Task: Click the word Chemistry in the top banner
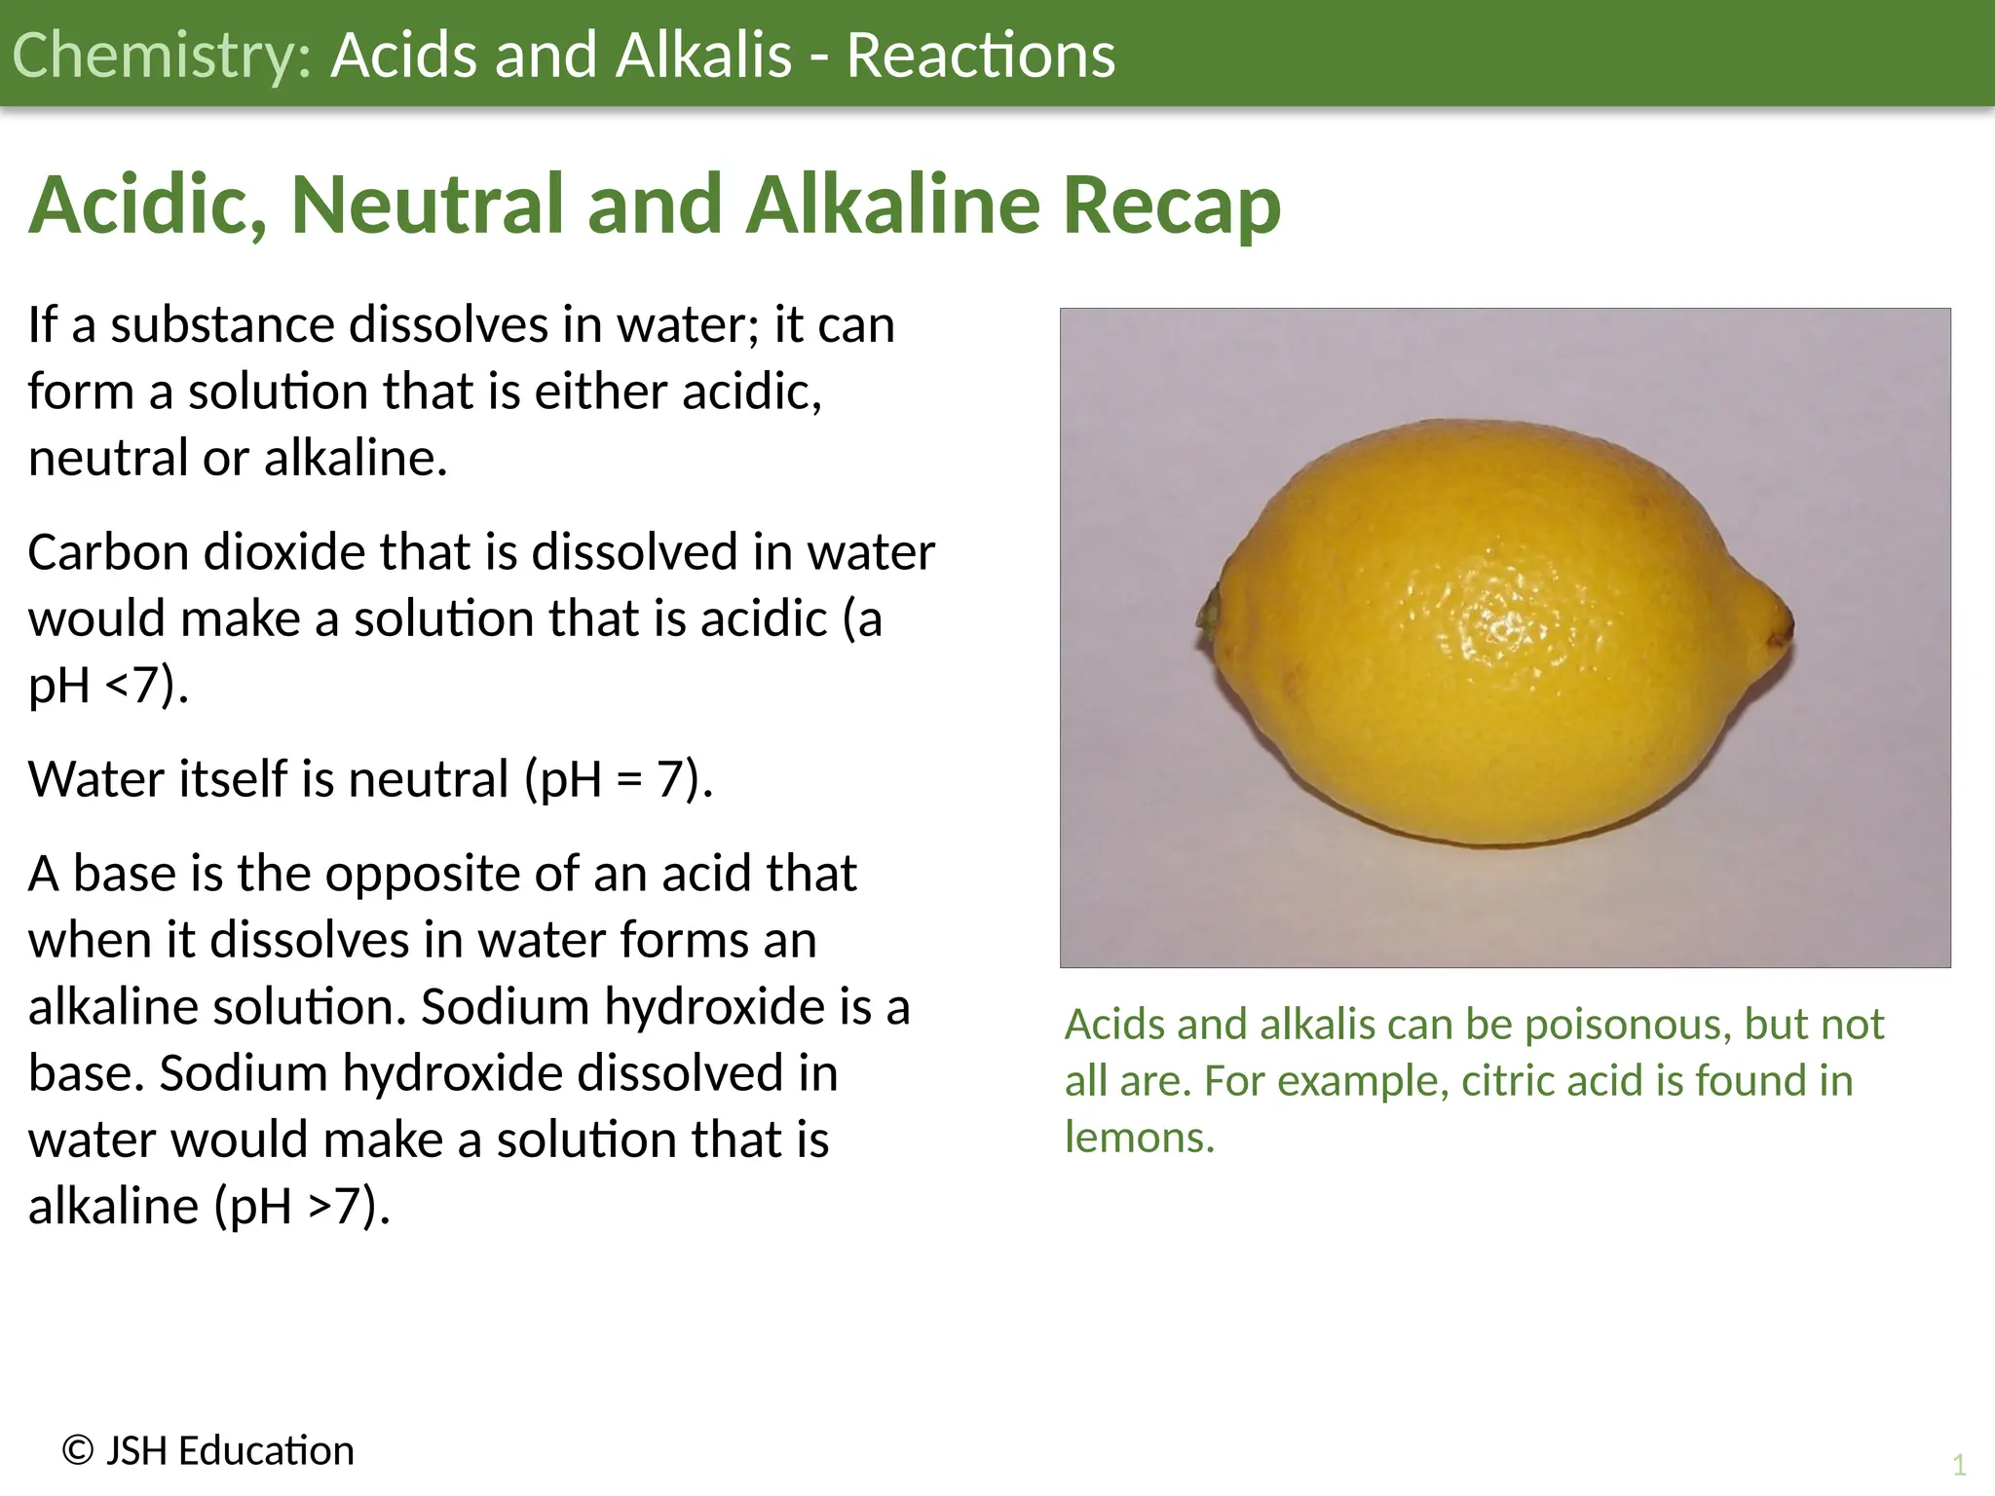[x=161, y=56]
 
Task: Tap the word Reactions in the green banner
[x=980, y=56]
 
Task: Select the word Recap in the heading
[x=1171, y=205]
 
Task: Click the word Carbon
[x=107, y=552]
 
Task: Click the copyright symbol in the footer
[x=78, y=1451]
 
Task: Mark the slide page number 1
[x=1959, y=1465]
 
